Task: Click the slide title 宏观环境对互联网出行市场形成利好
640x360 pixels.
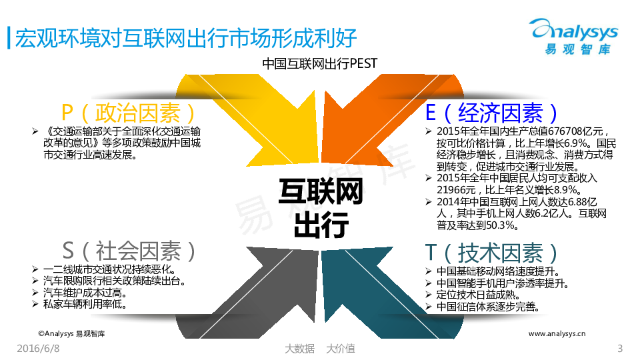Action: pyautogui.click(x=186, y=39)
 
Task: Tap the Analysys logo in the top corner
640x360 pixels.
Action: pyautogui.click(x=573, y=36)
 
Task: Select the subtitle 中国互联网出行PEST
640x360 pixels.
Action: pyautogui.click(x=319, y=64)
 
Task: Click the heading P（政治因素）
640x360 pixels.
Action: pyautogui.click(x=129, y=113)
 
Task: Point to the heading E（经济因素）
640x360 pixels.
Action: pyautogui.click(x=492, y=113)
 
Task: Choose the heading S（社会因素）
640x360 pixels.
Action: pyautogui.click(x=129, y=251)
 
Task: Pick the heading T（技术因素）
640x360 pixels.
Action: pyautogui.click(x=492, y=253)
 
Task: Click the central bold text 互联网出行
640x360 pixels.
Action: pyautogui.click(x=321, y=208)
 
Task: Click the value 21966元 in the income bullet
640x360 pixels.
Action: pyautogui.click(x=456, y=190)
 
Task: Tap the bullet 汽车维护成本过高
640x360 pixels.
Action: pyautogui.click(x=85, y=293)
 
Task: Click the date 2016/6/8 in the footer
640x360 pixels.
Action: pyautogui.click(x=39, y=348)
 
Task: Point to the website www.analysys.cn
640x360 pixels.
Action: pyautogui.click(x=557, y=333)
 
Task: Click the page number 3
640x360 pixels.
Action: pyautogui.click(x=620, y=348)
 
